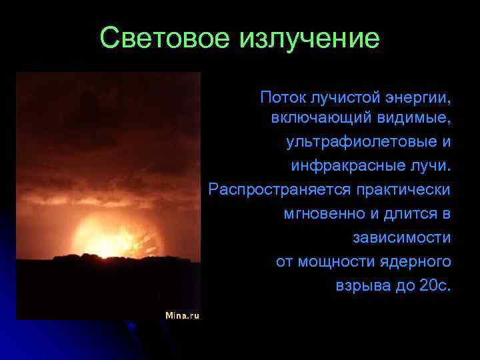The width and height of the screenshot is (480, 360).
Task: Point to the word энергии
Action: pos(418,99)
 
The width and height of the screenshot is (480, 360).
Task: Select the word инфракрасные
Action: pos(340,164)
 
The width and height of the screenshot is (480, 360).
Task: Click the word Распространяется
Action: pos(279,189)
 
